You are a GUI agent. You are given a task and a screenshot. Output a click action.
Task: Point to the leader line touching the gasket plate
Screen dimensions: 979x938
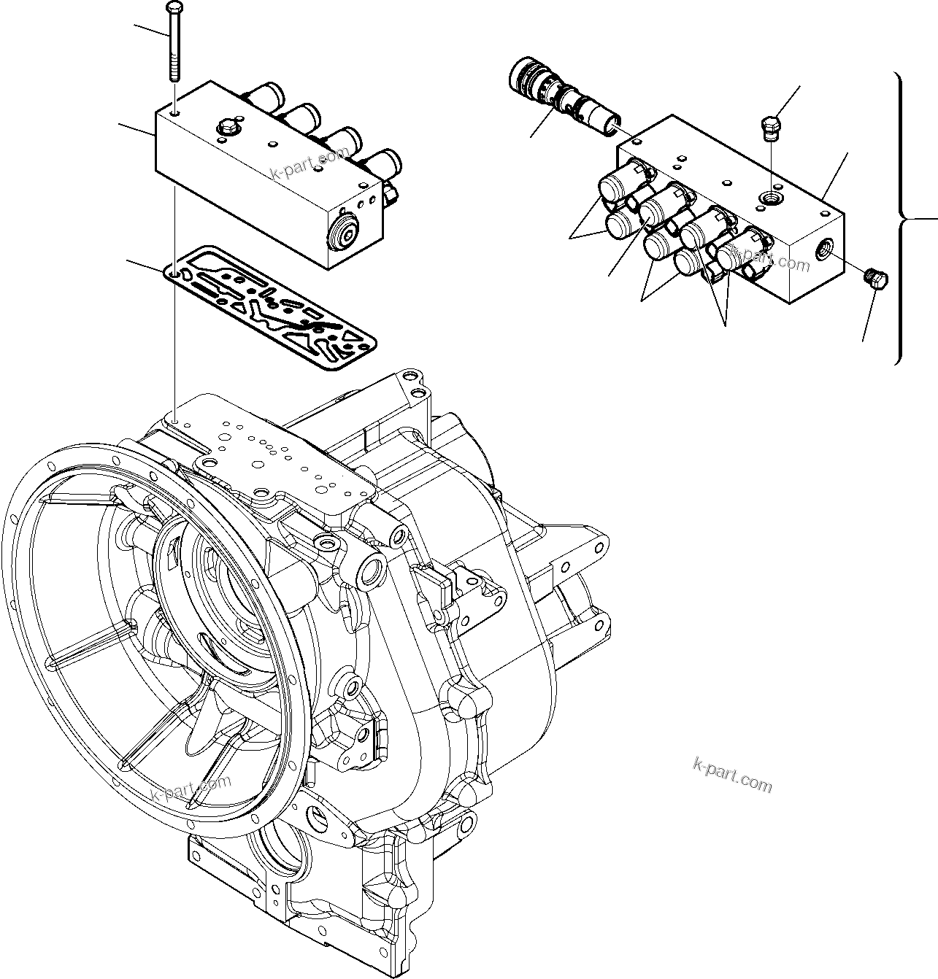tap(146, 266)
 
